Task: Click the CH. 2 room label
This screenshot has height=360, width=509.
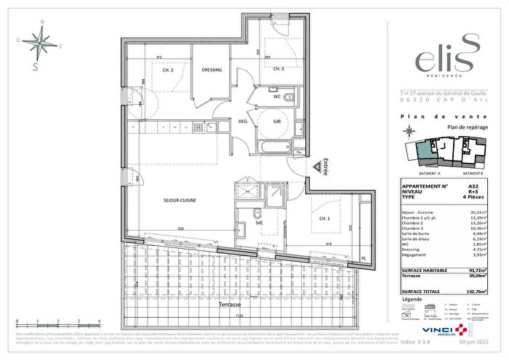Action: tap(167, 70)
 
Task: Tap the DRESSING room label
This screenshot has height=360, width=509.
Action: tap(211, 70)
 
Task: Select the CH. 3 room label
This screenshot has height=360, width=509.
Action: tap(278, 70)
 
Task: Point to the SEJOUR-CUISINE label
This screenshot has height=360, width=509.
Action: tap(179, 200)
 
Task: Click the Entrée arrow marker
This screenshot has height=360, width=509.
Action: tap(318, 168)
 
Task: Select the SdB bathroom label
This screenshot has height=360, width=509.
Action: tap(277, 121)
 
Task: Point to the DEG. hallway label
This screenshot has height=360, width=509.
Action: tap(244, 121)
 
